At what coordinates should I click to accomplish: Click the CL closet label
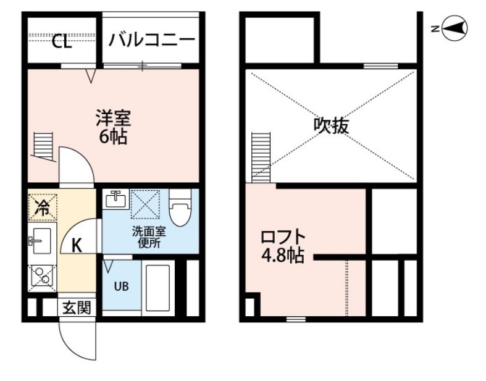(x=61, y=41)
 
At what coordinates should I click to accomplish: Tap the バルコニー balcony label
(x=151, y=41)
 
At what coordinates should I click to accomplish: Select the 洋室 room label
(x=113, y=117)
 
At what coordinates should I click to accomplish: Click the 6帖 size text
(x=113, y=136)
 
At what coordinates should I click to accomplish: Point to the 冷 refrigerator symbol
(x=43, y=207)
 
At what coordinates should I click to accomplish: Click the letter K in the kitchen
(x=77, y=245)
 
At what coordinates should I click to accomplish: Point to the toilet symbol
(x=180, y=209)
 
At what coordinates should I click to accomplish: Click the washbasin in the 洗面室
(x=115, y=199)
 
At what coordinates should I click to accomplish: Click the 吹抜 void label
(x=332, y=126)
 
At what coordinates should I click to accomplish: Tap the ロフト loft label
(x=282, y=237)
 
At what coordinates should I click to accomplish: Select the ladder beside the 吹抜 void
(x=261, y=157)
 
